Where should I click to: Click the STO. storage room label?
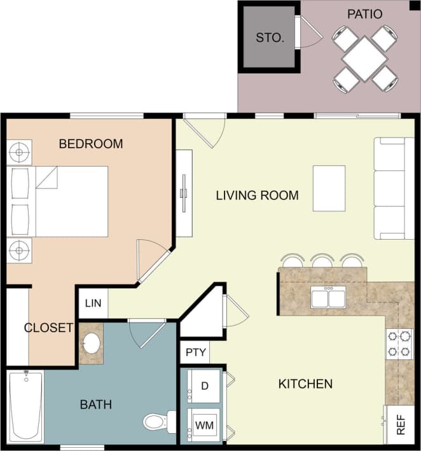tap(269, 38)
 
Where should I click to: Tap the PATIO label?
tap(364, 13)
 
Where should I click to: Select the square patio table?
tap(365, 59)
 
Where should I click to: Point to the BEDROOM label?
tap(90, 144)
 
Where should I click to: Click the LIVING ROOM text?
tap(257, 195)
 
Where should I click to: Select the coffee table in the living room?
tap(329, 188)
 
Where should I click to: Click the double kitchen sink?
tap(328, 297)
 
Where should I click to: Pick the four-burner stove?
tap(399, 343)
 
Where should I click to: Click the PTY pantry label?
tap(193, 352)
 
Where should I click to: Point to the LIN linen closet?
tap(92, 303)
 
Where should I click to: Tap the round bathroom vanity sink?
tap(92, 344)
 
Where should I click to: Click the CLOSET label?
tap(48, 328)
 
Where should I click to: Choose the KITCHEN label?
tap(305, 384)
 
